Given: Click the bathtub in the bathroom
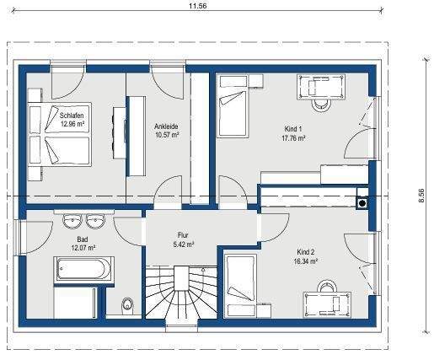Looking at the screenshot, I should [84, 271].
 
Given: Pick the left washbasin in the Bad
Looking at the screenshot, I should [71, 222].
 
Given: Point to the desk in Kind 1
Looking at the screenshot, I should [319, 87].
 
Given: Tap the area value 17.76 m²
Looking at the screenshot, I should [293, 138].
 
